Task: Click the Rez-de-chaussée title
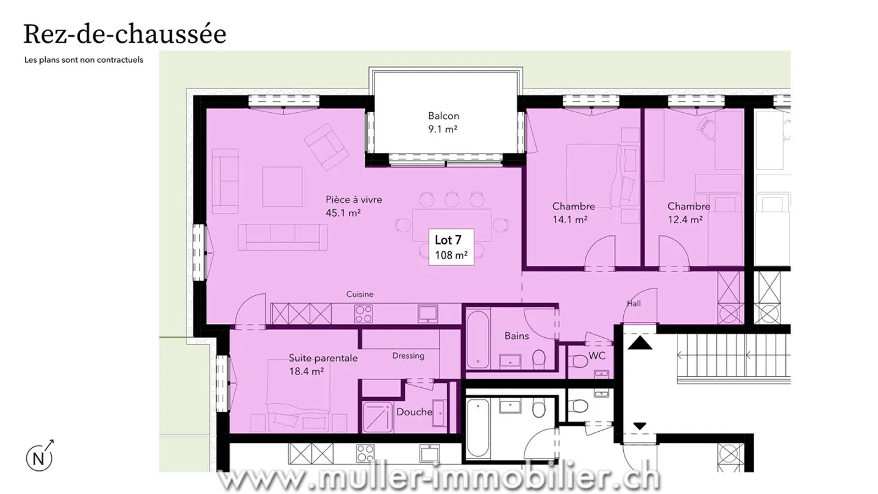click(x=124, y=34)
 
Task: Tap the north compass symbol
click(x=39, y=457)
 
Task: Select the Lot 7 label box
click(x=451, y=247)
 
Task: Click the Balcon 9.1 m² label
click(x=443, y=122)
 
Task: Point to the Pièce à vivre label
click(x=354, y=206)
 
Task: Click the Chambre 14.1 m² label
click(x=573, y=212)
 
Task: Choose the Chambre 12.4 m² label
click(x=688, y=212)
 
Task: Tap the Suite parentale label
click(x=323, y=364)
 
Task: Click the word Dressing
click(x=408, y=356)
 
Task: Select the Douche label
click(x=414, y=412)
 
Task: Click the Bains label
click(x=516, y=336)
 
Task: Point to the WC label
click(x=597, y=356)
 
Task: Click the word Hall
click(x=634, y=304)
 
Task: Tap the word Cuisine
click(x=360, y=294)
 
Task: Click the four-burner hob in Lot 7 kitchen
click(x=364, y=314)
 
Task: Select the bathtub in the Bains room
click(x=477, y=340)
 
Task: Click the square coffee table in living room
click(x=282, y=187)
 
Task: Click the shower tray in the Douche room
click(x=379, y=417)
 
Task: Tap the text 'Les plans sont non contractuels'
click(x=84, y=60)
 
